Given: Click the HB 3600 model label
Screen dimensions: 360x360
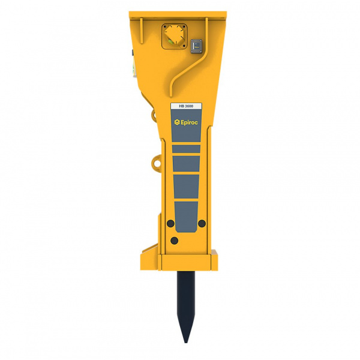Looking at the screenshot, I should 186,106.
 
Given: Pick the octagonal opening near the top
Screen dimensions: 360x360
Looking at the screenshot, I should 173,34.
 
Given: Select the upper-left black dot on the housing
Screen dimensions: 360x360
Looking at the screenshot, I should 170,224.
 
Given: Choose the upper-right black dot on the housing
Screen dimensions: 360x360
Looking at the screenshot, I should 202,224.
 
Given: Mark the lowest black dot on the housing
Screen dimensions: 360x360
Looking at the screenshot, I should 174,241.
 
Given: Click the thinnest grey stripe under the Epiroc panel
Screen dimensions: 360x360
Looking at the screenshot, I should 186,148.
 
